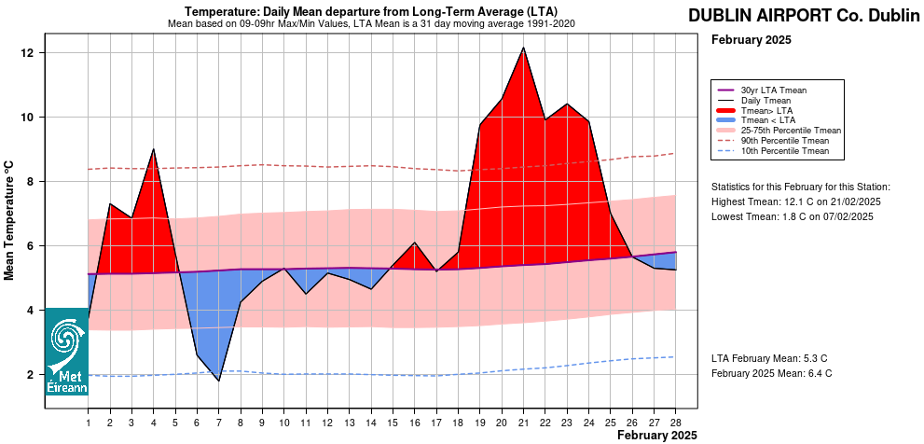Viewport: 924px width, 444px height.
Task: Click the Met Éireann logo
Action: [x=67, y=352]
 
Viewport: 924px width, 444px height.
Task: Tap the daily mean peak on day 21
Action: [x=523, y=48]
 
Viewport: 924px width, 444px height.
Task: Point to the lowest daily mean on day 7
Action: [x=219, y=381]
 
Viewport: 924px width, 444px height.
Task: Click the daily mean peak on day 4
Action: [x=154, y=149]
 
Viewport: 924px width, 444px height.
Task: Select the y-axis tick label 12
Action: [x=28, y=53]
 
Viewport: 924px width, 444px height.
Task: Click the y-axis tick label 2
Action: [x=31, y=375]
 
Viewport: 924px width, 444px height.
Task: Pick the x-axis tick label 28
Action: [x=675, y=424]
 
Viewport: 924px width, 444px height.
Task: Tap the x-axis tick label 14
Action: [x=371, y=424]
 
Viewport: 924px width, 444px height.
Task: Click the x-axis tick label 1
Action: [x=89, y=424]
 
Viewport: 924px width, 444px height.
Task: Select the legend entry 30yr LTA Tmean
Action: [x=773, y=90]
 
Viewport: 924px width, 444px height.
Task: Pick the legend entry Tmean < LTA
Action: [x=767, y=120]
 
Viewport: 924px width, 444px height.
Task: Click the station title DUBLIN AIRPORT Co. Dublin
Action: [x=804, y=16]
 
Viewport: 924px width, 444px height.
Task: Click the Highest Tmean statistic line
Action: [x=796, y=201]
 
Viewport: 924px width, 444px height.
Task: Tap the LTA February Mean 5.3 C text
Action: [x=769, y=358]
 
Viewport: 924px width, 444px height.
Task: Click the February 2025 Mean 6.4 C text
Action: [x=772, y=373]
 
